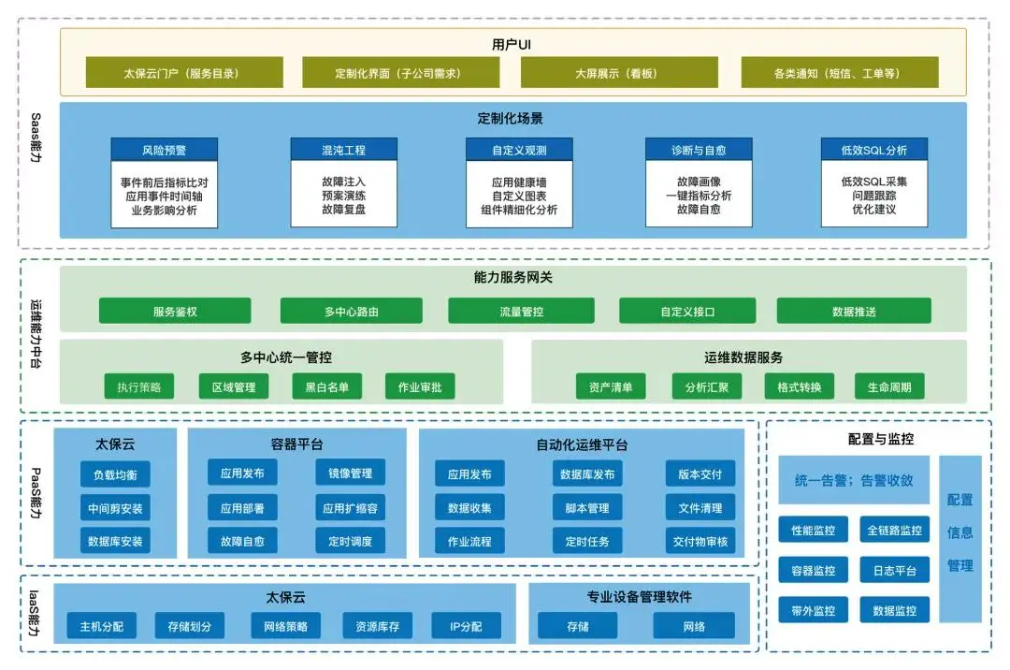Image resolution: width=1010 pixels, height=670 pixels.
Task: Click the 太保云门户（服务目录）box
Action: click(x=183, y=73)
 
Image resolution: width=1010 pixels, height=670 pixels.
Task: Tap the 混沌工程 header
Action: click(x=343, y=150)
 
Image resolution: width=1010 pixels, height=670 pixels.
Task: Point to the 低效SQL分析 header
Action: click(x=873, y=150)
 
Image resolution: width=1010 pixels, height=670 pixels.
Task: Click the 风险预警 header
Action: click(x=164, y=150)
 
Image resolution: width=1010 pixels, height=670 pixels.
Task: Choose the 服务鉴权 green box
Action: click(x=175, y=312)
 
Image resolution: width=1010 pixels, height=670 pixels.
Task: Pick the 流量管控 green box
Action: click(x=521, y=312)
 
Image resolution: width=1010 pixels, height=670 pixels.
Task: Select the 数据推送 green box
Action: click(x=853, y=312)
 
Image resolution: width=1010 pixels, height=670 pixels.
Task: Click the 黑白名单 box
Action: click(x=320, y=386)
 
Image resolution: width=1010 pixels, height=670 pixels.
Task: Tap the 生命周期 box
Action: click(x=889, y=386)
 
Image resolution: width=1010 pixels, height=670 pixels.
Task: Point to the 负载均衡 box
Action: click(x=115, y=474)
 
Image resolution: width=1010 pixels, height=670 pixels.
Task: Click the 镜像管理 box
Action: click(x=350, y=473)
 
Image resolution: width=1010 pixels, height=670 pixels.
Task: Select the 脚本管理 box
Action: click(x=586, y=508)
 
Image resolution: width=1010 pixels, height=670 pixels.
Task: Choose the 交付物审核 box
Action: click(x=700, y=541)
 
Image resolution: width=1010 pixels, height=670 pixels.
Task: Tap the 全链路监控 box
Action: click(x=894, y=531)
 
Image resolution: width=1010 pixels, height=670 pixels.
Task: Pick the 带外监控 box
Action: click(x=813, y=610)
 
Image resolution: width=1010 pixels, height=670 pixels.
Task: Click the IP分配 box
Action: click(x=466, y=626)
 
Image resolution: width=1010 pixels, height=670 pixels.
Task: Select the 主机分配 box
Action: click(x=101, y=626)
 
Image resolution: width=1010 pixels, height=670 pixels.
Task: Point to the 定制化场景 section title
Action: click(x=510, y=119)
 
